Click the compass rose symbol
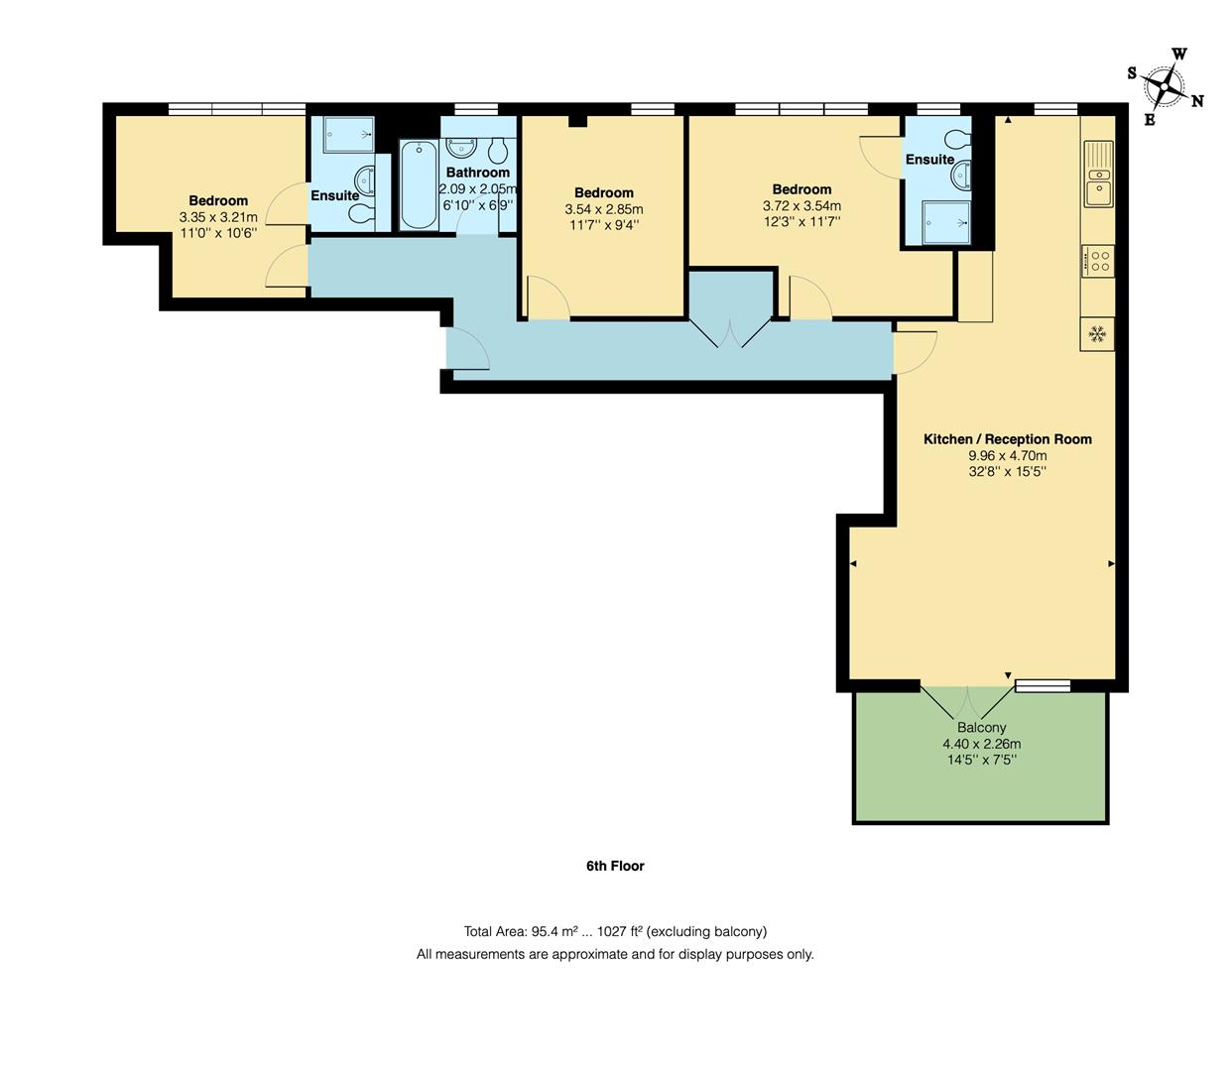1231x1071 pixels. click(x=1165, y=87)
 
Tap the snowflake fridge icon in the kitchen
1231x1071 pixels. click(x=1097, y=334)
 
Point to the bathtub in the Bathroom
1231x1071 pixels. click(x=419, y=185)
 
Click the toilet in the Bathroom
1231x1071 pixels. click(x=499, y=150)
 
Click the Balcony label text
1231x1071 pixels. click(x=981, y=728)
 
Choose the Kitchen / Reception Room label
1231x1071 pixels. click(x=1007, y=439)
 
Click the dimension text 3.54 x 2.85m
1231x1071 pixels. click(x=603, y=209)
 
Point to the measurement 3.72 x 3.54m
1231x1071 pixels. click(x=801, y=206)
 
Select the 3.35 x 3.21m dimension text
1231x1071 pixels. click(x=218, y=217)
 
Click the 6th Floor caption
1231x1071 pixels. click(x=615, y=866)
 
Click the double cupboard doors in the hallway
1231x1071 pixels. click(x=730, y=333)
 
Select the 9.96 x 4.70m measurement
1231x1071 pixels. click(x=1007, y=456)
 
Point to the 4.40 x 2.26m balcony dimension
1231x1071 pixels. click(x=981, y=744)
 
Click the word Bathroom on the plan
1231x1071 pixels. click(x=477, y=173)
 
